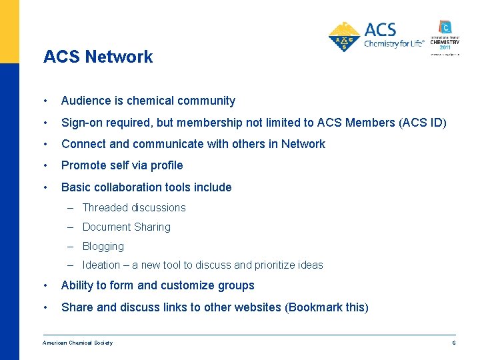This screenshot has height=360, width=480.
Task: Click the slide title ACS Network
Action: click(x=98, y=57)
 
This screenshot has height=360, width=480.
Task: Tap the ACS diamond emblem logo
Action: click(x=345, y=37)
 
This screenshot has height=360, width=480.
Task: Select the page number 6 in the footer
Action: click(x=453, y=343)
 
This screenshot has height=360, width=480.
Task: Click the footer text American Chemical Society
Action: click(x=77, y=343)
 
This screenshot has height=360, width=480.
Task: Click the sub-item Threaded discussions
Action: click(x=134, y=207)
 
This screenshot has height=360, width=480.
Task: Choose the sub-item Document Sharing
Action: click(x=126, y=227)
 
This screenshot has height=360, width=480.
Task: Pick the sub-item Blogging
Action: click(x=103, y=246)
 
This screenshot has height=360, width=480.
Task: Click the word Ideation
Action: click(x=101, y=265)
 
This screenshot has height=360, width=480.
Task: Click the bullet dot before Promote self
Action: click(x=44, y=165)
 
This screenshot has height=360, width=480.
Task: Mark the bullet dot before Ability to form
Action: click(x=44, y=285)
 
